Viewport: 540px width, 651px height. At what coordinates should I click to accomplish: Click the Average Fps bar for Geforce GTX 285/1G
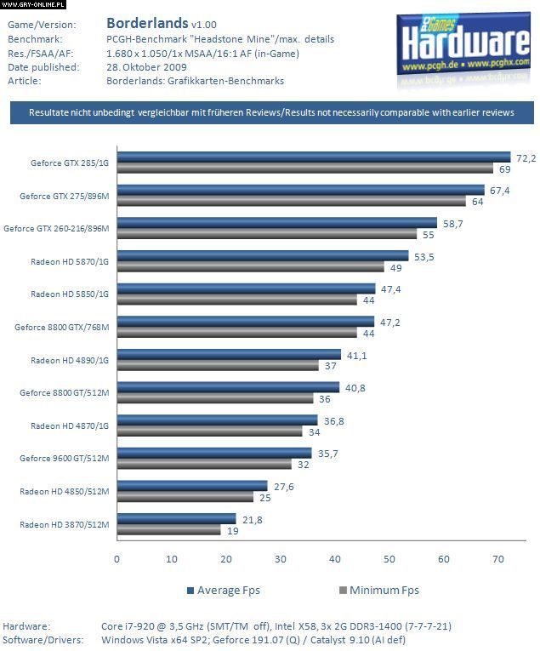pyautogui.click(x=313, y=157)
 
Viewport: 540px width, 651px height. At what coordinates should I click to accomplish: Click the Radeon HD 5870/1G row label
pyautogui.click(x=70, y=261)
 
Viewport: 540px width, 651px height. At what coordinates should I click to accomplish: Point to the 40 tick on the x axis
pyautogui.click(x=334, y=559)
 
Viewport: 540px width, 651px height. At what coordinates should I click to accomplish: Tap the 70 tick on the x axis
pyautogui.click(x=498, y=559)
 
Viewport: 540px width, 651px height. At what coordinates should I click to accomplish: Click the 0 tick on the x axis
pyautogui.click(x=117, y=559)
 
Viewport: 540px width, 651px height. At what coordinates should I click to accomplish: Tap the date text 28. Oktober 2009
pyautogui.click(x=147, y=66)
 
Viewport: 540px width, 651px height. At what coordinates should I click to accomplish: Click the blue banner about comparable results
pyautogui.click(x=272, y=112)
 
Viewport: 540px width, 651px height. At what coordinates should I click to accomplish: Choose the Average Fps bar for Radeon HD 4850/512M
pyautogui.click(x=192, y=486)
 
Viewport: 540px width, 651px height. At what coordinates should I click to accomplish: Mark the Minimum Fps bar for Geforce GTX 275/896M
pyautogui.click(x=291, y=202)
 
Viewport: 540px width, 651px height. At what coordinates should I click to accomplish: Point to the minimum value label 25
pyautogui.click(x=264, y=497)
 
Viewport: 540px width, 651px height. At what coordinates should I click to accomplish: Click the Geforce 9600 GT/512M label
pyautogui.click(x=65, y=459)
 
